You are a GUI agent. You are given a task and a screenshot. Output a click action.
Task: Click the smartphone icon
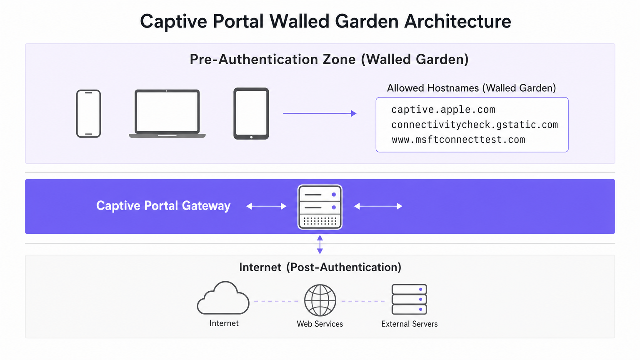[88, 113]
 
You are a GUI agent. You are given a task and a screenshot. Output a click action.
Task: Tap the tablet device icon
[251, 113]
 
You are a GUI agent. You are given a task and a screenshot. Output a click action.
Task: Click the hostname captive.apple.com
[443, 110]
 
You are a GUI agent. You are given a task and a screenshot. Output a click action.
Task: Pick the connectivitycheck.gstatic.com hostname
[474, 125]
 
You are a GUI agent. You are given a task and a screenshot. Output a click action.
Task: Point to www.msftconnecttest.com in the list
[458, 140]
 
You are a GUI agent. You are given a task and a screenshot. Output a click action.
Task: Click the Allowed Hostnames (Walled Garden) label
[471, 88]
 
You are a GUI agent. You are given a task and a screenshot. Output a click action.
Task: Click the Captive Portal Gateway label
[163, 206]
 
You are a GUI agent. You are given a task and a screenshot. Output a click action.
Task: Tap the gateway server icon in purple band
[320, 207]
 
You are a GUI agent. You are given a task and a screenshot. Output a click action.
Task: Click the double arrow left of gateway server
[266, 206]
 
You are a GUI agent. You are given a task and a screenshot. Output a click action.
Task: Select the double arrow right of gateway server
[378, 206]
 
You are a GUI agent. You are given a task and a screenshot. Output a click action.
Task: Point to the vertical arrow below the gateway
[320, 245]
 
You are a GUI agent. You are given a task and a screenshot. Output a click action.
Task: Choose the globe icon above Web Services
[320, 300]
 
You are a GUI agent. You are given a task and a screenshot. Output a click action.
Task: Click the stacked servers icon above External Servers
[409, 299]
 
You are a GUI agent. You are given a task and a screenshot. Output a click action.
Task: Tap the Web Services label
[320, 324]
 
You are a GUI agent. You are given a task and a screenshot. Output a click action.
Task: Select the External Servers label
[409, 324]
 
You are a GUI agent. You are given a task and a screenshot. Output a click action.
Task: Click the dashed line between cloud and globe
[276, 301]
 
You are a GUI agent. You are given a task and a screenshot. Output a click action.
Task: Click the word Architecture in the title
[457, 21]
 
